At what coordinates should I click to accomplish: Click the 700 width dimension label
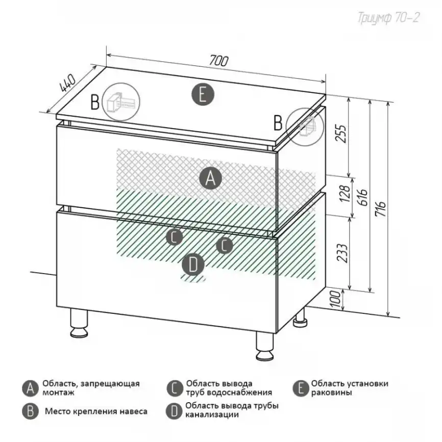point(219,61)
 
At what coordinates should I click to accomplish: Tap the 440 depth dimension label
point(68,83)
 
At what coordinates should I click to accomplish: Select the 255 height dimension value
point(341,134)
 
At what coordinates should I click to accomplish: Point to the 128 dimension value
point(345,193)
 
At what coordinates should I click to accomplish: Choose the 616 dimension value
point(363,198)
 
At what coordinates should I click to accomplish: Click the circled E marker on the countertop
point(203,95)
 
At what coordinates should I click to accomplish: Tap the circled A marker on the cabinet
point(211,178)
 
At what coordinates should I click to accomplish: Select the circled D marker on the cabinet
point(193,265)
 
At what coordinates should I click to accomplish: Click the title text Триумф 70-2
point(388,17)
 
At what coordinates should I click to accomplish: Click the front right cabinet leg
point(265,346)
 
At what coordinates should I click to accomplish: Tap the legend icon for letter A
point(31,388)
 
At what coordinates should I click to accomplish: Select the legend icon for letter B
point(31,411)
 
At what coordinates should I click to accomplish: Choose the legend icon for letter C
point(175,388)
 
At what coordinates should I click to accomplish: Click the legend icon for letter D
point(174,411)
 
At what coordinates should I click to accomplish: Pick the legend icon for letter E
point(301,388)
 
